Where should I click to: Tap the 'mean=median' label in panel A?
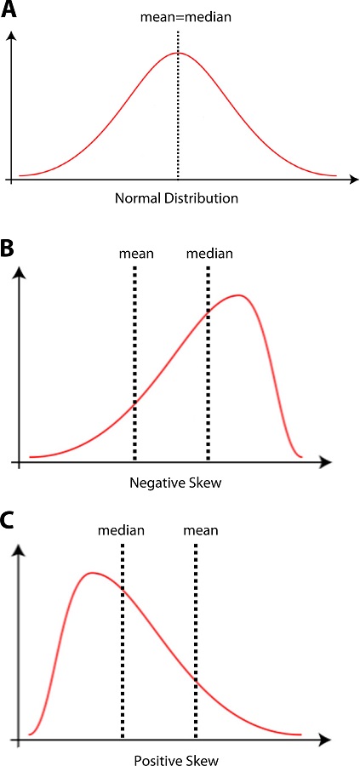click(178, 16)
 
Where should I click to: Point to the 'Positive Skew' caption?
click(167, 756)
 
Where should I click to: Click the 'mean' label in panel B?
click(134, 253)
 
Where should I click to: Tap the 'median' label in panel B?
click(209, 253)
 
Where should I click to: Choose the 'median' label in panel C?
click(122, 530)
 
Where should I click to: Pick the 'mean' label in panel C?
click(200, 530)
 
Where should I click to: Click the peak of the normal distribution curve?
click(178, 53)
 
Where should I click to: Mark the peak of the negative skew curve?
click(241, 295)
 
